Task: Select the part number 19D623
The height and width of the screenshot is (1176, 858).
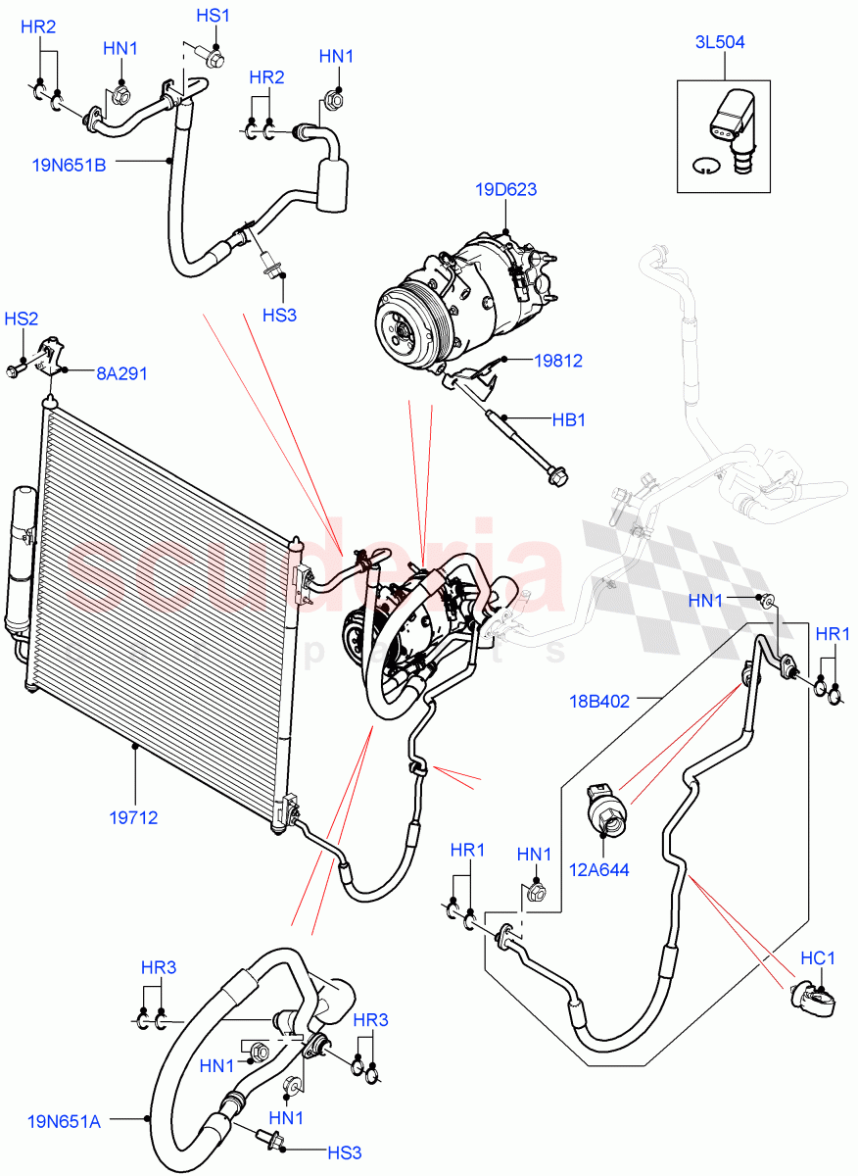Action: click(507, 189)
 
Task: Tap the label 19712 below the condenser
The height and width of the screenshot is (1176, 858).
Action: click(134, 817)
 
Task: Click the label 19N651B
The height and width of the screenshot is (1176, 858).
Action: click(69, 165)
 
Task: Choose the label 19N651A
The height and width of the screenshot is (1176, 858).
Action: click(64, 1121)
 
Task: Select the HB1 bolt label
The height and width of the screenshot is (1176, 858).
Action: click(568, 419)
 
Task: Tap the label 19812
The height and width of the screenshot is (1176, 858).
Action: click(557, 361)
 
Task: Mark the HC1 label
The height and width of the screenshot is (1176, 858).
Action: click(817, 955)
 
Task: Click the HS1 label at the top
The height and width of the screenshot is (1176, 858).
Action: click(213, 16)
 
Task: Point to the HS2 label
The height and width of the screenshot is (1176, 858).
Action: click(22, 319)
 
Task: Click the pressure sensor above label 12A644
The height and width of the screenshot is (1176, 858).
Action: click(604, 808)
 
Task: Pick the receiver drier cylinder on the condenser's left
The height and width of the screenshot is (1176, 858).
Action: click(22, 559)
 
